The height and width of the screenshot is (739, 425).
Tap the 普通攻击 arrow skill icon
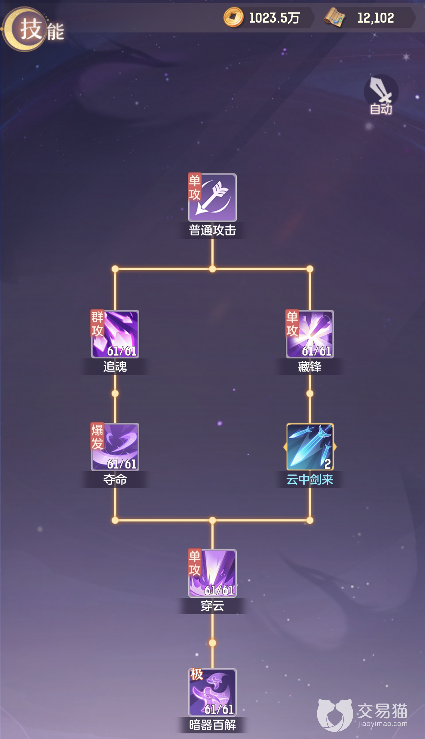click(212, 197)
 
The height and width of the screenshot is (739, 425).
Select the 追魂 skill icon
click(115, 334)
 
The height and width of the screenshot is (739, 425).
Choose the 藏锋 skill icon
click(310, 334)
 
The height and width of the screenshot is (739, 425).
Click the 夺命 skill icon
click(115, 447)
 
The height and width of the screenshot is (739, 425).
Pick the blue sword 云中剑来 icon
click(310, 447)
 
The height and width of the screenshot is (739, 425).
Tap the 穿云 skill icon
click(212, 573)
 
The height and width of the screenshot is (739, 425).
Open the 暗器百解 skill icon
click(212, 692)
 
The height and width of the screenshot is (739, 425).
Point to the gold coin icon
click(233, 17)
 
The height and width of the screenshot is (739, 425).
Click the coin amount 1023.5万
click(274, 18)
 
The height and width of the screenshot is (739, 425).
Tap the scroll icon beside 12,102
click(335, 17)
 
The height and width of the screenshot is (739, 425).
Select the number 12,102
click(376, 18)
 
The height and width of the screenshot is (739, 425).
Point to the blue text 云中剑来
click(310, 479)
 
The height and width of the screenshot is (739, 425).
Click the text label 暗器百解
click(212, 725)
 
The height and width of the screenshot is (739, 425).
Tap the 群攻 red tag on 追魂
click(97, 323)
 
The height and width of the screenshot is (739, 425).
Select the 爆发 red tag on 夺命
click(97, 436)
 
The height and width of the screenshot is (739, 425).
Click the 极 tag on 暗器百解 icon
click(197, 674)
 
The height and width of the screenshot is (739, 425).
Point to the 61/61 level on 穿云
click(219, 590)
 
